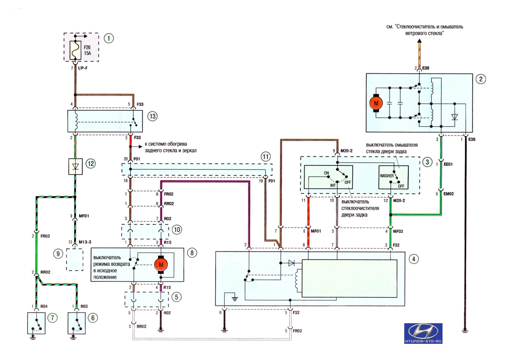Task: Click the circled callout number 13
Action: point(152,116)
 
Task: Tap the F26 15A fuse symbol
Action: point(76,50)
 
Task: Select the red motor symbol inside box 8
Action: point(161,265)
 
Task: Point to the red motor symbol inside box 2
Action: point(376,103)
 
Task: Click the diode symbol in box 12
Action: point(76,166)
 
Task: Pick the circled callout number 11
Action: point(266,157)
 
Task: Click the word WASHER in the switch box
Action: point(387,176)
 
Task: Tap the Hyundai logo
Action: point(423,333)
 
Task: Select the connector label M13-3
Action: point(85,242)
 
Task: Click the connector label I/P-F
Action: point(83,68)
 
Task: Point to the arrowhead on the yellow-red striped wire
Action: point(419,41)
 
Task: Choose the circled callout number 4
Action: point(413,259)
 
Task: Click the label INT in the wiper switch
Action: point(333,185)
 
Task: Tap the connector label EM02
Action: point(449,194)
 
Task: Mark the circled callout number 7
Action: point(52,318)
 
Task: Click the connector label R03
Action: point(84,306)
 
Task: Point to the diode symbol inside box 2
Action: point(454,117)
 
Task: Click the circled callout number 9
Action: point(58,254)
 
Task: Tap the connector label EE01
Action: point(448,164)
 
